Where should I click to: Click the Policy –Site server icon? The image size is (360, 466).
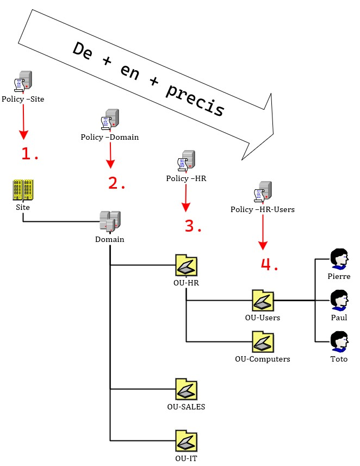point(23,82)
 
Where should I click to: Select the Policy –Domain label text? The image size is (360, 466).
point(109,137)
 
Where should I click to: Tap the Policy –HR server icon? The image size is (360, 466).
point(186,161)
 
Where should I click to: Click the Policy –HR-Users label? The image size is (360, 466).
point(263,209)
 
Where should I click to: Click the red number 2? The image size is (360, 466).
point(116,183)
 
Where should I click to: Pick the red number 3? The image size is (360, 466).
point(193,226)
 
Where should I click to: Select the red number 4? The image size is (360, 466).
point(269,264)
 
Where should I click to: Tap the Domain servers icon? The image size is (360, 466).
point(110,222)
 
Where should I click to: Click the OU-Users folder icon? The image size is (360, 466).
point(263,300)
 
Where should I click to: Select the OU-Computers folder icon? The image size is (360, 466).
point(263,341)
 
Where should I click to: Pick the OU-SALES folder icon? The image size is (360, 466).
point(186,389)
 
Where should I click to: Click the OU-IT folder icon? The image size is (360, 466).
point(186,440)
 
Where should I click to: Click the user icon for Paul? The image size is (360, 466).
point(339,300)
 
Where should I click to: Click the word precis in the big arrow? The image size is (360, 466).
point(194,100)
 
